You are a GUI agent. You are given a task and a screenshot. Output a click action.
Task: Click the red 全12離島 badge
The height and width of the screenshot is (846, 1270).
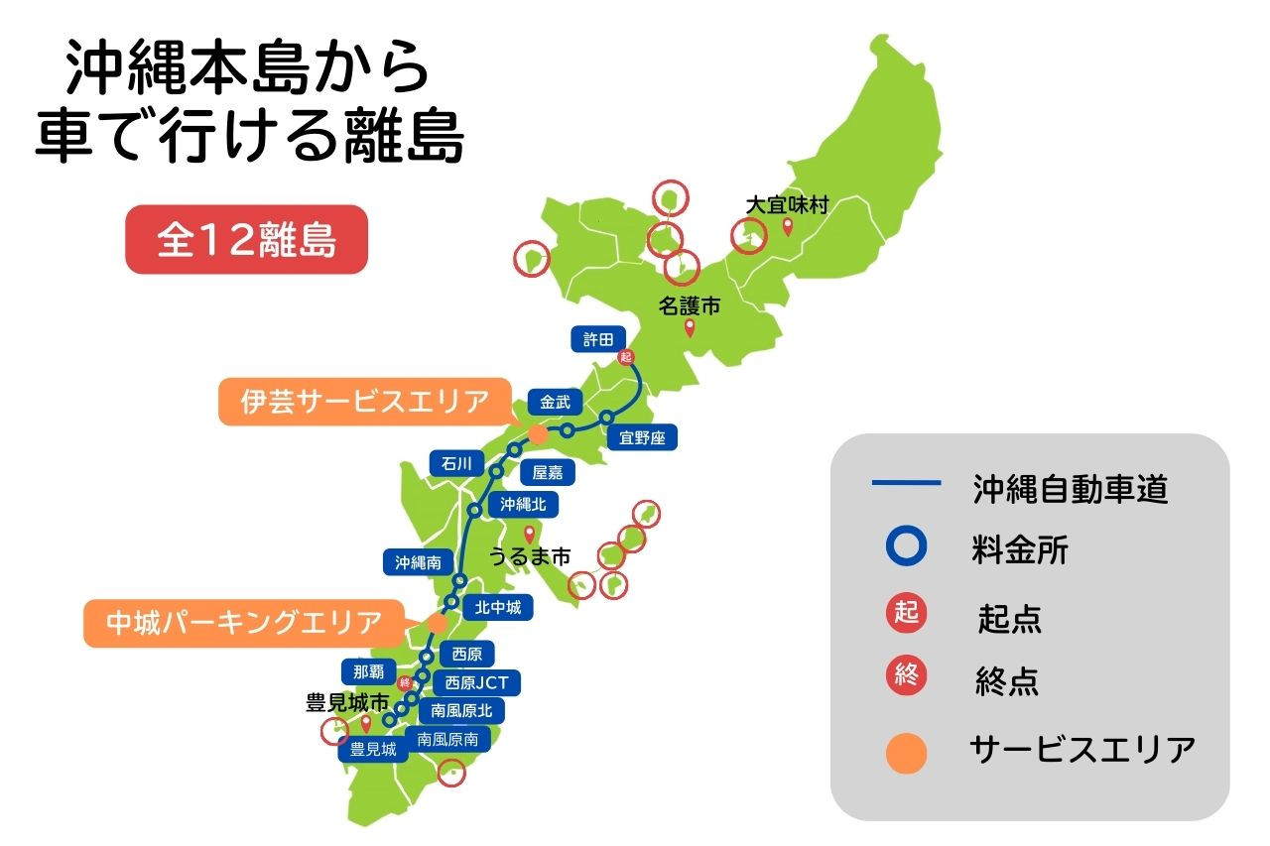246,240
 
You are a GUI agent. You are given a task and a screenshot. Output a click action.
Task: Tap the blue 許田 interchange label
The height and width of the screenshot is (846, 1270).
598,339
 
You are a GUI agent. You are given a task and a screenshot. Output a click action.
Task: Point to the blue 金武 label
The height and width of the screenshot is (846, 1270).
555,403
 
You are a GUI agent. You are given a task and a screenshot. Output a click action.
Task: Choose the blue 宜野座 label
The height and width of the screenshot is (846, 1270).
642,437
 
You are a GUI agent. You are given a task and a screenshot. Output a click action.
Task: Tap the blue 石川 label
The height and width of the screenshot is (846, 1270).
457,463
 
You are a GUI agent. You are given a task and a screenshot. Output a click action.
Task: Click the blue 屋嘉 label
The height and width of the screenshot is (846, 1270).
548,473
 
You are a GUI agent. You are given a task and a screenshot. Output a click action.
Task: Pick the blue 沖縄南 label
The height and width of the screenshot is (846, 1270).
418,562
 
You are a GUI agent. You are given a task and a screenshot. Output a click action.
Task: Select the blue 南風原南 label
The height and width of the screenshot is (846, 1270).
447,739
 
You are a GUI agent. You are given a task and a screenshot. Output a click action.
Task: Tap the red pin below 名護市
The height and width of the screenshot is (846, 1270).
691,328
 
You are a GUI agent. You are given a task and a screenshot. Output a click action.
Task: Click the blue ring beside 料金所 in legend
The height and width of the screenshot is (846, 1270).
906,547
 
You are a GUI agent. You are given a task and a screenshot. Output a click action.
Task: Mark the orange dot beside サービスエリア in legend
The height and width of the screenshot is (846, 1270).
906,752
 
